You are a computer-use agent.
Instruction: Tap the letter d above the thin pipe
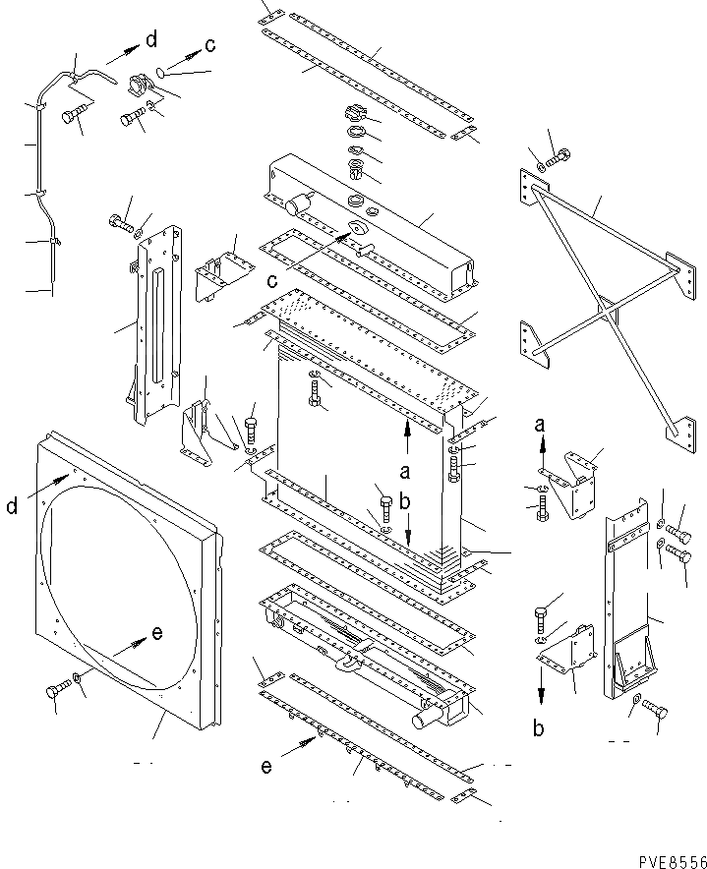[150, 39]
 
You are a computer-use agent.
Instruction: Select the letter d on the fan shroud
[11, 507]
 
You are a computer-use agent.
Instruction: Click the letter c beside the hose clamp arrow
[209, 45]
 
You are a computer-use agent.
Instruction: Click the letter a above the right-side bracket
[540, 426]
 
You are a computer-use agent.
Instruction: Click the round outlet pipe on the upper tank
[296, 206]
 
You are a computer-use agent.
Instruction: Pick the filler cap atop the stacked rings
[356, 113]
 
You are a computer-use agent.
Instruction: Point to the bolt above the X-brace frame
[560, 154]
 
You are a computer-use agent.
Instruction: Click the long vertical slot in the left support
[155, 320]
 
